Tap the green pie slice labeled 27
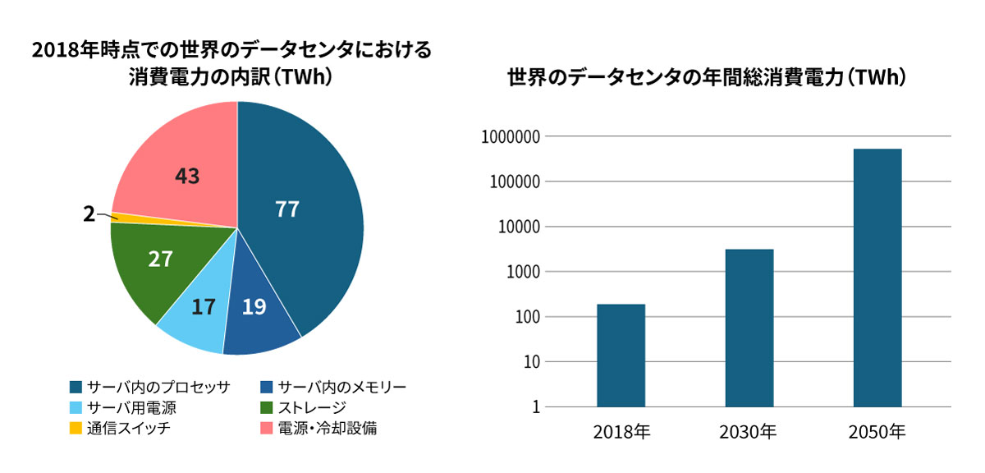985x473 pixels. pyautogui.click(x=156, y=263)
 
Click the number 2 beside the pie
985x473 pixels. pyautogui.click(x=89, y=214)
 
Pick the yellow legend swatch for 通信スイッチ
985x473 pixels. pyautogui.click(x=76, y=429)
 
